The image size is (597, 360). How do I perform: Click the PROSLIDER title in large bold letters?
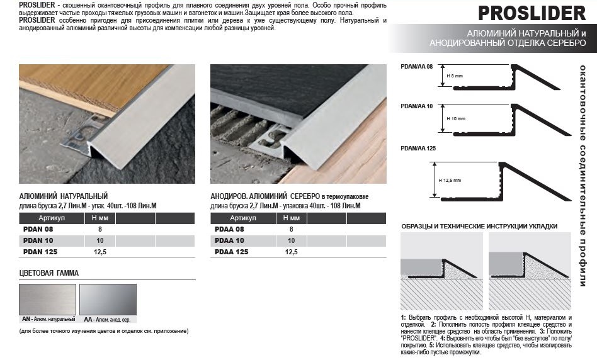[x=532, y=13]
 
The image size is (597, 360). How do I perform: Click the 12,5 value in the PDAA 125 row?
[x=292, y=252]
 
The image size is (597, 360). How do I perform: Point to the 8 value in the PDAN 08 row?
[x=100, y=229]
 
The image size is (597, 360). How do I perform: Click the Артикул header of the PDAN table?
[x=52, y=218]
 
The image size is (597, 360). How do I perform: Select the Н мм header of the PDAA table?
[x=292, y=218]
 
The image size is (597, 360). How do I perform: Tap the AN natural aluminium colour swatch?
[x=48, y=299]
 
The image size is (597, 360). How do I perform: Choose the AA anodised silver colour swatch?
[x=108, y=299]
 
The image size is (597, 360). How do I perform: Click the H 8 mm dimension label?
[x=455, y=76]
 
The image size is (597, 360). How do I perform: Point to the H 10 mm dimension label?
[x=456, y=119]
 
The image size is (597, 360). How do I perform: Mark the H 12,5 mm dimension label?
[x=450, y=181]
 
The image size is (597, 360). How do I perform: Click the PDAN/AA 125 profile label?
[x=418, y=149]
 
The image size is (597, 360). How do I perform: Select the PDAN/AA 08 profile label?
[x=416, y=67]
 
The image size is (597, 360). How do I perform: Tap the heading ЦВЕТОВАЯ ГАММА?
[x=48, y=273]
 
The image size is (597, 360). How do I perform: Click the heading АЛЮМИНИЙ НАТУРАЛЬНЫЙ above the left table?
[x=63, y=196]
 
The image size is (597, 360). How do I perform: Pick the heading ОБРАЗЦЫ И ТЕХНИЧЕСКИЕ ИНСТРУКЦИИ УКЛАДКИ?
[x=479, y=227]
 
